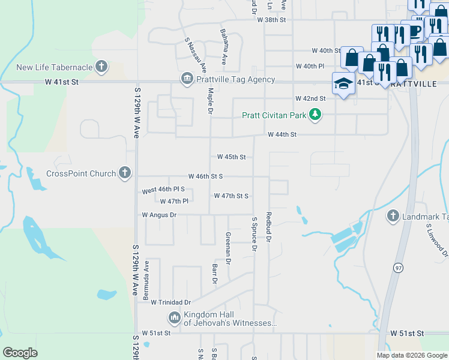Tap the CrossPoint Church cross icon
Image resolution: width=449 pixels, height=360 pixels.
tap(125, 173)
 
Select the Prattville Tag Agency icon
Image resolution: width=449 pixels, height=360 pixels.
tap(186, 79)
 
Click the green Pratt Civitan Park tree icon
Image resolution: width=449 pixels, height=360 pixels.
tap(315, 115)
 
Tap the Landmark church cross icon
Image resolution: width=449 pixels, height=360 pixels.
tap(393, 216)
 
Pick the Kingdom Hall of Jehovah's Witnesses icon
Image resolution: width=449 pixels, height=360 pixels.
tap(174, 317)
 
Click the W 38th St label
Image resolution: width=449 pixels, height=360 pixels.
tap(271, 20)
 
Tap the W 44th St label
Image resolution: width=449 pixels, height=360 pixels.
tap(282, 135)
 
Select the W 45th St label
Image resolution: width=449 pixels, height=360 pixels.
tap(231, 157)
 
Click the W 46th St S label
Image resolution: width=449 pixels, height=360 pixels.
tap(205, 176)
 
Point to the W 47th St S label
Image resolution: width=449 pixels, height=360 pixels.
tap(231, 196)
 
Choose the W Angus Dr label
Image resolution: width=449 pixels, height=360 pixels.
tap(159, 214)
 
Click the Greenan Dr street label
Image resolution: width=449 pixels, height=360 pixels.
tap(228, 248)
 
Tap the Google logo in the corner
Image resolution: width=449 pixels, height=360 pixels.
tap(20, 353)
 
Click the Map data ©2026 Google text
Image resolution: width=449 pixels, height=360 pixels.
tap(411, 355)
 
